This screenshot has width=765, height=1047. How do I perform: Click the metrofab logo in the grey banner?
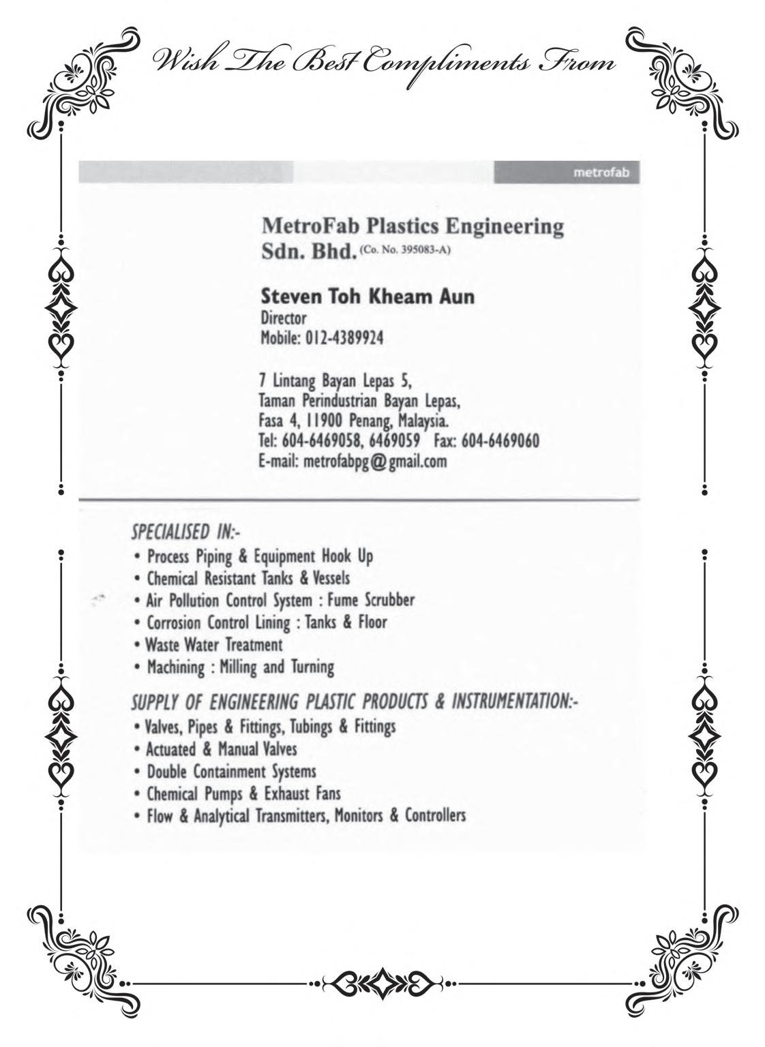click(601, 172)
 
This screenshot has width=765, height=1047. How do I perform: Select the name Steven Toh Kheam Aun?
click(367, 297)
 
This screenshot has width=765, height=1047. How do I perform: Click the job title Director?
click(284, 318)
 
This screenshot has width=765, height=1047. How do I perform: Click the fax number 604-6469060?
click(500, 441)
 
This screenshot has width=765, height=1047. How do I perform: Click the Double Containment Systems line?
click(231, 772)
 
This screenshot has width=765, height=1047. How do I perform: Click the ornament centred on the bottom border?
click(382, 983)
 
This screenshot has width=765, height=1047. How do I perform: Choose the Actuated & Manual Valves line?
click(222, 749)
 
